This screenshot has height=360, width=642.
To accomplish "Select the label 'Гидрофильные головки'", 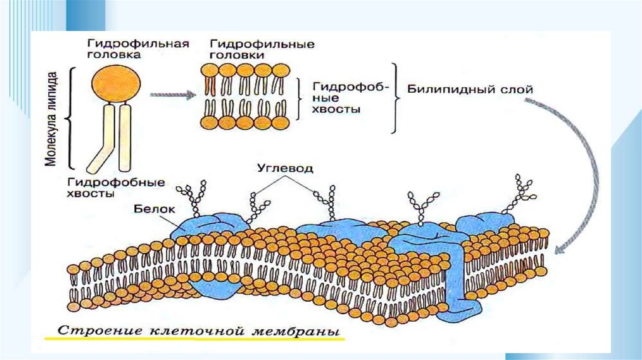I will point(262,49).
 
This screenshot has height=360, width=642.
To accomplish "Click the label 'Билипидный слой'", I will point(470,90).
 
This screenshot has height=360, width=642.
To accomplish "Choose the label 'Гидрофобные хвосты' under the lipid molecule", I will point(115,188).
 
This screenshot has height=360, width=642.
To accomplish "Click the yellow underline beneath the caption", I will point(194,339).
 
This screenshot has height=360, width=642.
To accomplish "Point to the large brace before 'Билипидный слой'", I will point(396,97).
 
